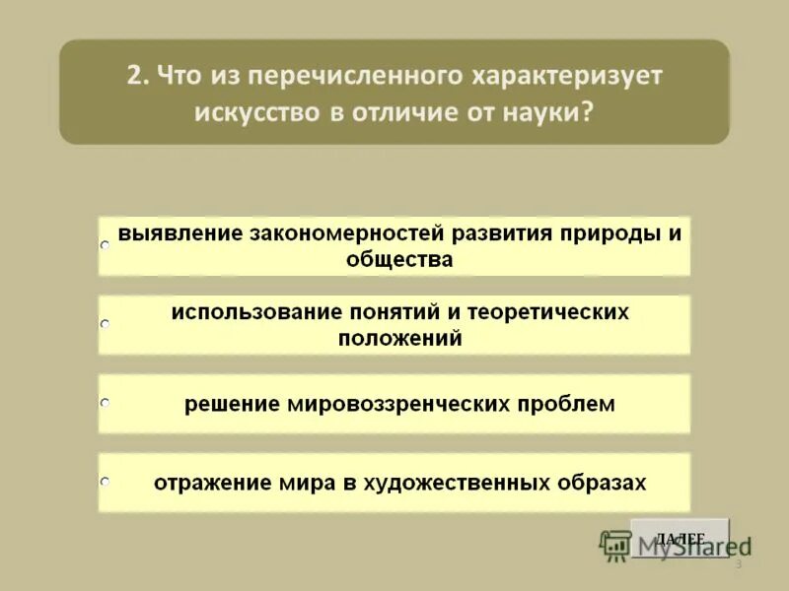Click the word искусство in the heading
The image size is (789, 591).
click(x=256, y=112)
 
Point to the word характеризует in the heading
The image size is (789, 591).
click(x=570, y=76)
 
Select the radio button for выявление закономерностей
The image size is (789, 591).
click(x=105, y=243)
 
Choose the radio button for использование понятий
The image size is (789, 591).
click(x=105, y=322)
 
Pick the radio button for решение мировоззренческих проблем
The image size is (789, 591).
click(x=105, y=402)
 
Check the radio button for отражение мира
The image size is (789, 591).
click(x=105, y=481)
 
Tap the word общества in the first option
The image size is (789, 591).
click(x=399, y=260)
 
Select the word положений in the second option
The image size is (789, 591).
click(x=399, y=338)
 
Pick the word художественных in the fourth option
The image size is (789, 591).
click(x=458, y=483)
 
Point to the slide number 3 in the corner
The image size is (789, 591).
click(x=738, y=564)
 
